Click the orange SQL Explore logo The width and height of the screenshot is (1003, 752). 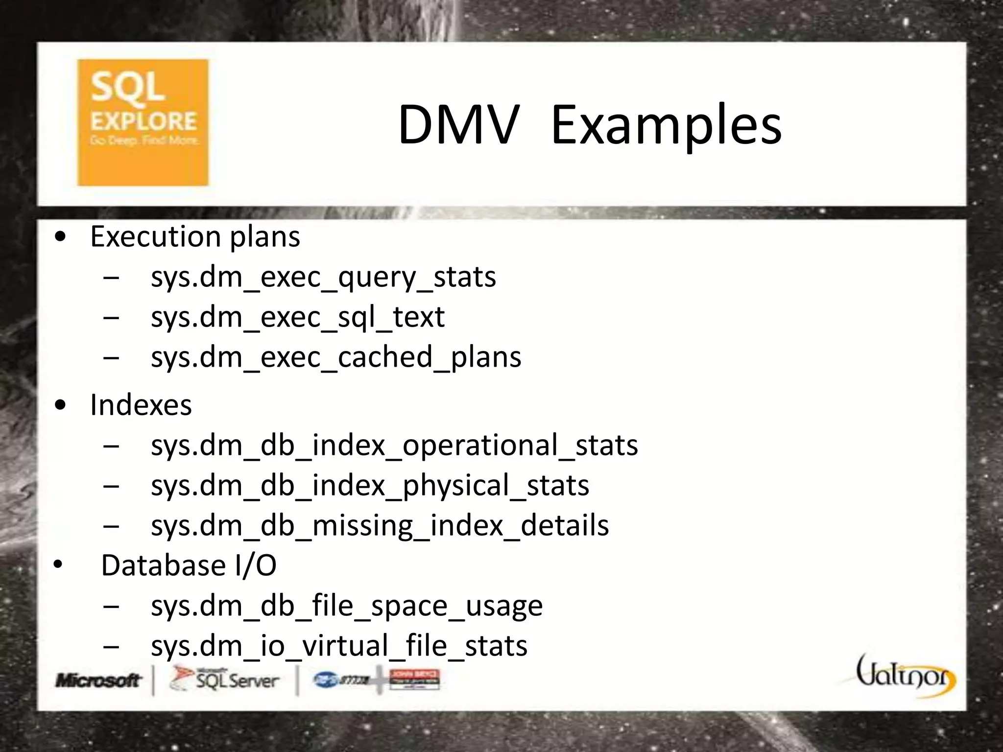(143, 122)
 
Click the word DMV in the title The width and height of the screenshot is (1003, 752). (458, 125)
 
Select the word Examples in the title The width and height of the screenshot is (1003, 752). (666, 126)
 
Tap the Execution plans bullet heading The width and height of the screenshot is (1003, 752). (195, 237)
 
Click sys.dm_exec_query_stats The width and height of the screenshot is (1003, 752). (323, 277)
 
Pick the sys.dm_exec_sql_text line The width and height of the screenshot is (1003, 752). (298, 317)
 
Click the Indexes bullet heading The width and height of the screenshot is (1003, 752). (141, 405)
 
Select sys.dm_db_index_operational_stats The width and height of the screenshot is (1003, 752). (394, 446)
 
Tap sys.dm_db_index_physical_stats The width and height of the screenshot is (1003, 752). (370, 486)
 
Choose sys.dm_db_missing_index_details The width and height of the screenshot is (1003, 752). (380, 526)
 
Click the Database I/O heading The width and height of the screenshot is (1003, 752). (189, 566)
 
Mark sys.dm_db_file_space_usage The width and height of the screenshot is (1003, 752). (347, 606)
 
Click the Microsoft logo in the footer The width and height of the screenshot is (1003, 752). (98, 680)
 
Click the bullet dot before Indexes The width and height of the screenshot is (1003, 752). (61, 405)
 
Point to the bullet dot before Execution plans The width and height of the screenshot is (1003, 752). (61, 237)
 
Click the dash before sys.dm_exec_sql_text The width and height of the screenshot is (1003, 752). (111, 317)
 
